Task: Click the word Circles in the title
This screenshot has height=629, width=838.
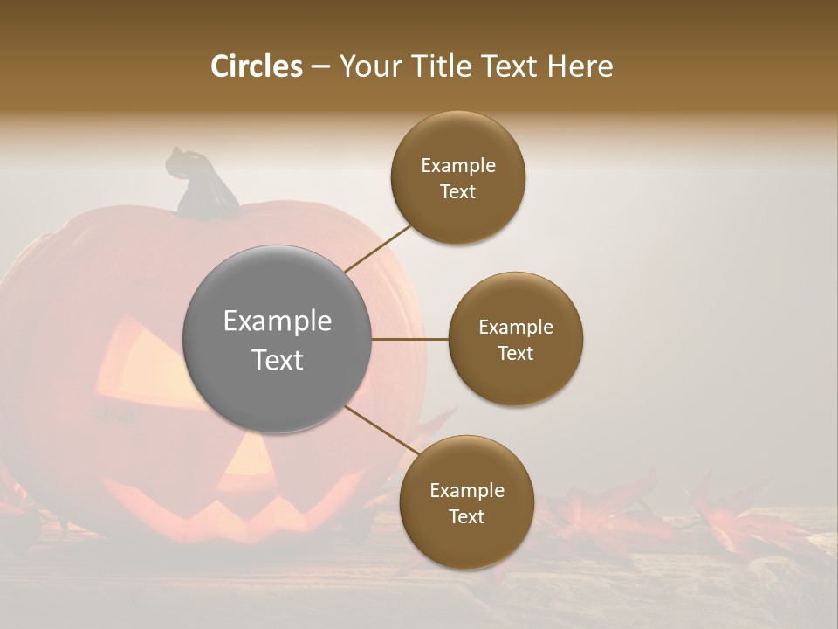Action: click(257, 66)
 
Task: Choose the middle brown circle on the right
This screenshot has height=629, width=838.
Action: click(516, 339)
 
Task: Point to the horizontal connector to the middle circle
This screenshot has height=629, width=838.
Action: click(409, 339)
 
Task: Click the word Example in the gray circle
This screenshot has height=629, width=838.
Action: click(278, 321)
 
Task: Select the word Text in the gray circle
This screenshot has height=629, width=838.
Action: click(278, 360)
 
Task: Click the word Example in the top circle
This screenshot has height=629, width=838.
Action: click(458, 166)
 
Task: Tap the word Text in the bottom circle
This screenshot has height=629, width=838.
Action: click(466, 516)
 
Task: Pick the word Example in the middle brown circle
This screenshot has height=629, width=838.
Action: click(516, 328)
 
